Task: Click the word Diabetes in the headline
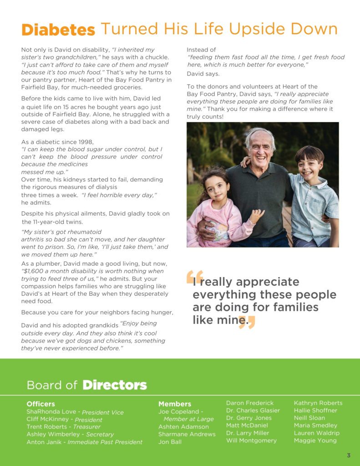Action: click(58, 30)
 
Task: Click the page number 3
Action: click(349, 456)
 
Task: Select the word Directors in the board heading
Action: click(115, 385)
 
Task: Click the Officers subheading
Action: click(41, 404)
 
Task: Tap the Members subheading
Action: click(175, 404)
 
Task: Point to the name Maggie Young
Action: click(315, 441)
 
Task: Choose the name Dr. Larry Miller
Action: click(248, 433)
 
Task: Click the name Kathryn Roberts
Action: click(318, 403)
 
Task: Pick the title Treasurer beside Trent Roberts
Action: click(87, 427)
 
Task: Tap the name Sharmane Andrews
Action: click(187, 434)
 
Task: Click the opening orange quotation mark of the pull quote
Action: click(194, 277)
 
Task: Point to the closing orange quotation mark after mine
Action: click(247, 322)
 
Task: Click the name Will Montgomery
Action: click(251, 441)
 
